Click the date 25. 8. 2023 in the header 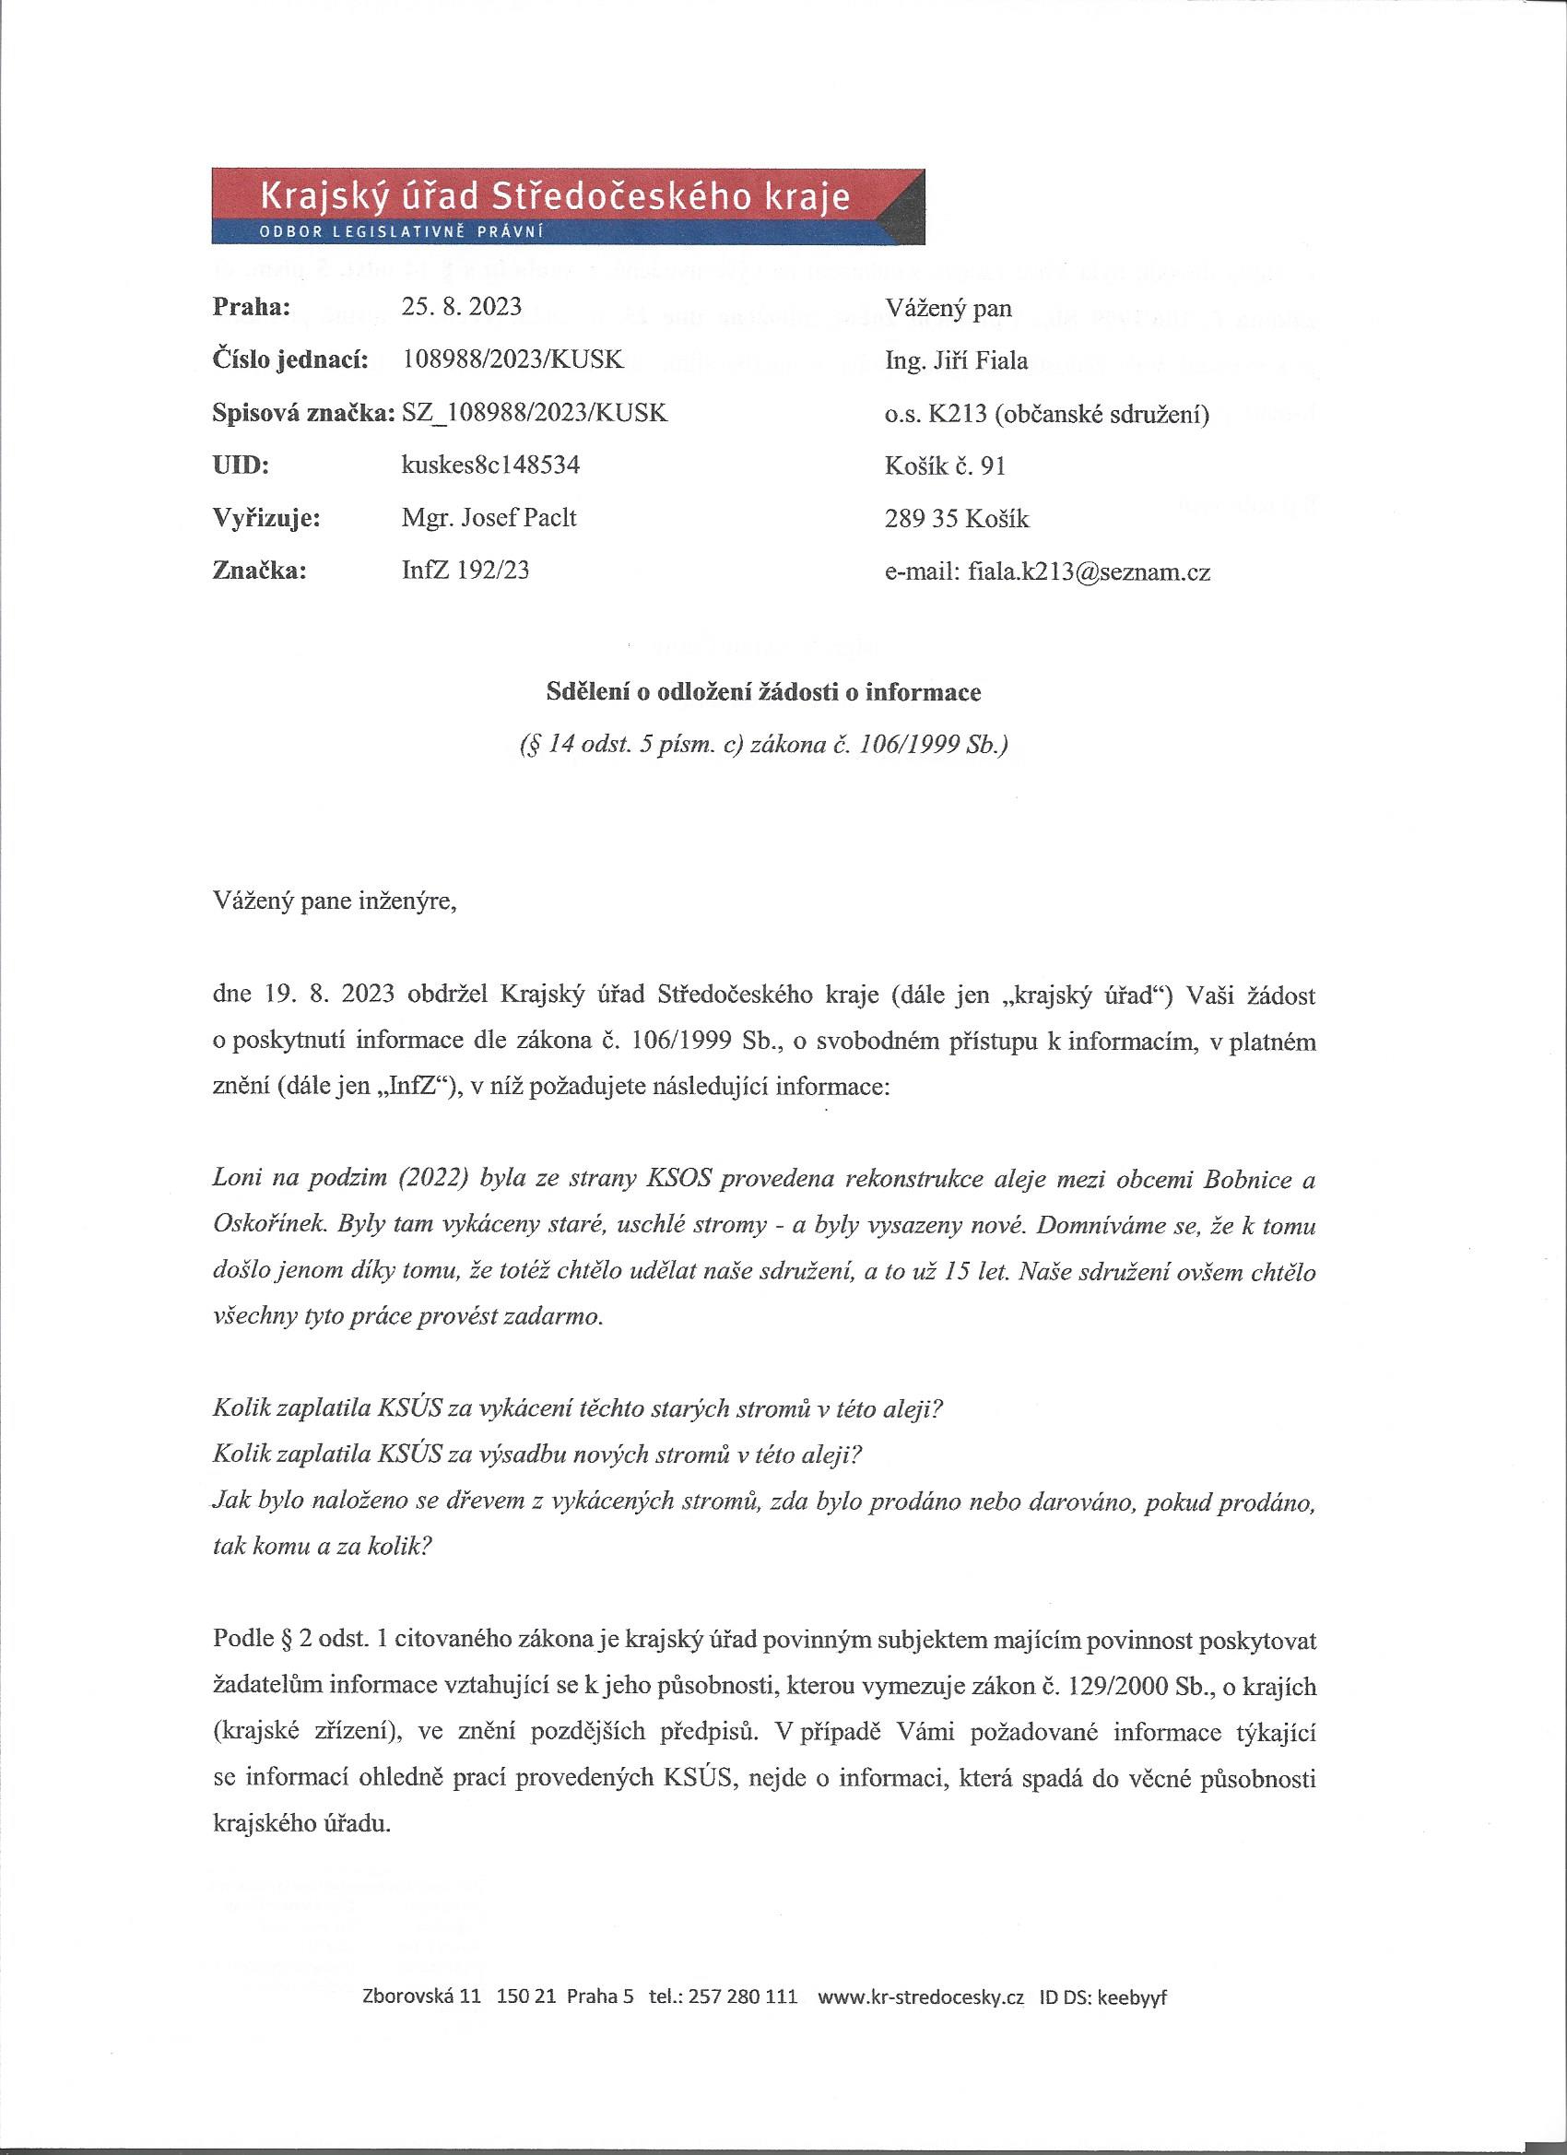(x=462, y=307)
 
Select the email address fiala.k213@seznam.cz (x=1088, y=571)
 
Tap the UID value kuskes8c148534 (x=491, y=465)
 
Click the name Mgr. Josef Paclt (x=489, y=518)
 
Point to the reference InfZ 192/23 (x=465, y=571)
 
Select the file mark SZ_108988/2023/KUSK (x=535, y=413)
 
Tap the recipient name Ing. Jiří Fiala (x=956, y=360)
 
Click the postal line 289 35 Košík (x=956, y=519)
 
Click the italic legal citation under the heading (x=763, y=745)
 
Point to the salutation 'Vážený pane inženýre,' (x=335, y=900)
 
